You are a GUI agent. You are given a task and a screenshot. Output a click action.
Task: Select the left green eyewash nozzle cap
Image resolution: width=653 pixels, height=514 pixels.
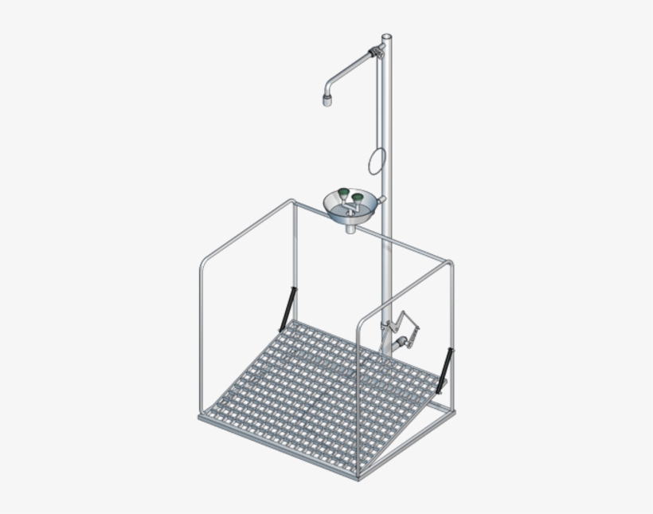tap(342, 194)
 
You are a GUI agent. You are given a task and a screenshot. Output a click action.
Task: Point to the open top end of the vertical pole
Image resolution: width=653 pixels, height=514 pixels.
tap(387, 37)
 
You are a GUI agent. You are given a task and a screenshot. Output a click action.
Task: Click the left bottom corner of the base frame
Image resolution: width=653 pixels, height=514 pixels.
tap(201, 416)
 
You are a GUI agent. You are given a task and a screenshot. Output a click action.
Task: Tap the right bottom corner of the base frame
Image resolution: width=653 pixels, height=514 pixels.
tap(455, 410)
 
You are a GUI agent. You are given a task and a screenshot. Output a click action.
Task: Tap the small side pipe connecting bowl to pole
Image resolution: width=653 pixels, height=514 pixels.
tap(381, 199)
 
